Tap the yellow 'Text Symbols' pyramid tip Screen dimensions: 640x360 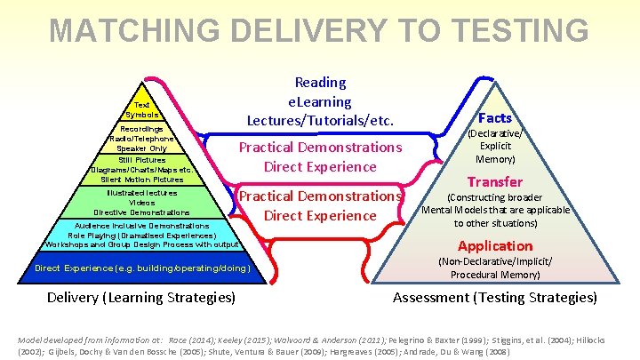(142, 109)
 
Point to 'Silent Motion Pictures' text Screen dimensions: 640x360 (142, 179)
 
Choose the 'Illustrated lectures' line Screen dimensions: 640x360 (142, 192)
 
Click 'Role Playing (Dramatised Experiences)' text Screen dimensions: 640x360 (142, 235)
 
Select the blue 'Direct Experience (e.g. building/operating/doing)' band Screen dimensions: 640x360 (142, 268)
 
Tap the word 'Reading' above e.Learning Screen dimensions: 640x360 (320, 83)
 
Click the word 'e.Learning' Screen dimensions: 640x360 (320, 101)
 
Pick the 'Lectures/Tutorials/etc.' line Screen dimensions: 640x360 (320, 119)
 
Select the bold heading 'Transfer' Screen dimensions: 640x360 (495, 181)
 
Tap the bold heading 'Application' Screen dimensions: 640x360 (495, 245)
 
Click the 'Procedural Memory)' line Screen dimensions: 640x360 (495, 275)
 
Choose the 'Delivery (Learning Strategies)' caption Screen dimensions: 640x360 (141, 297)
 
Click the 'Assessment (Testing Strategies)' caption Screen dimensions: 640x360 (495, 297)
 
